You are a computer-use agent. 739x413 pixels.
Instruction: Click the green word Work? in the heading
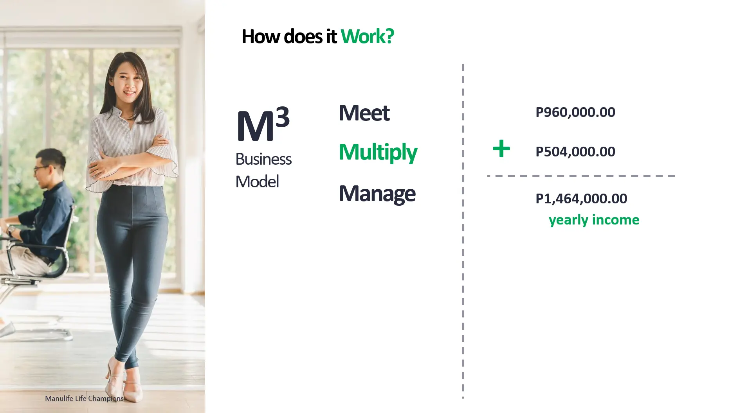coord(367,36)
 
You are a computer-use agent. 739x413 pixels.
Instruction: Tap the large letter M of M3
coord(255,126)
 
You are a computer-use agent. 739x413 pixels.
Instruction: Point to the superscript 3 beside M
coord(283,117)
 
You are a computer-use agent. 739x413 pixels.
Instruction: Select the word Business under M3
coord(263,159)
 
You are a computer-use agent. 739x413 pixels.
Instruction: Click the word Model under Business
coord(257,181)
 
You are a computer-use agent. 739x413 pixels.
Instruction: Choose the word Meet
coord(364,113)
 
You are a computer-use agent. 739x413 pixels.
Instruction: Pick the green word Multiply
coord(378,152)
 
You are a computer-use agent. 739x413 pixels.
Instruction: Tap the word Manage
coord(377,194)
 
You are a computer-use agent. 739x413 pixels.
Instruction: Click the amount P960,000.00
coord(575,112)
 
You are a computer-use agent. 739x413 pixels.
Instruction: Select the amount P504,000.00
coord(575,152)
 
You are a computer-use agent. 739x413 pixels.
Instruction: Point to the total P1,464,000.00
coord(581,199)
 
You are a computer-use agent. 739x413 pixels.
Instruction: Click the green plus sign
coord(501,149)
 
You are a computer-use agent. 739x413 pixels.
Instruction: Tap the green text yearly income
coord(594,220)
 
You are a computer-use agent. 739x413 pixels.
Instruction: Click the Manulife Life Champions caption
coord(84,399)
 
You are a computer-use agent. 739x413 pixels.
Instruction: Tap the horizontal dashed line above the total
coord(581,176)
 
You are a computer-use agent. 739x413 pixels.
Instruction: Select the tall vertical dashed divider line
coord(463,231)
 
